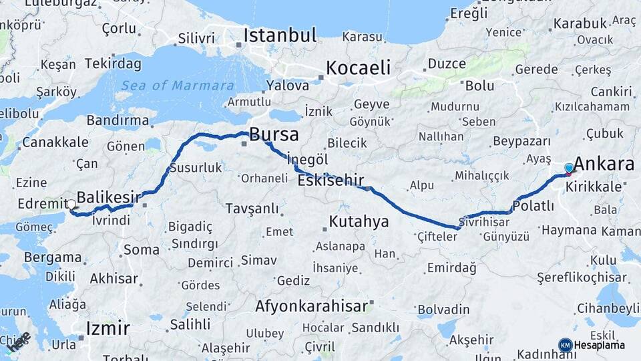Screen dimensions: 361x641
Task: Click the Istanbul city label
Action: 280,35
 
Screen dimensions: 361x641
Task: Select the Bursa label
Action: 274,134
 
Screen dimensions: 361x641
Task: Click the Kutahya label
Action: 359,221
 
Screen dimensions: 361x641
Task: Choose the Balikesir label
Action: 110,197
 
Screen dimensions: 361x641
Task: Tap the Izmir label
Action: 108,328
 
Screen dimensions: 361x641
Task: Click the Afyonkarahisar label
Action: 312,306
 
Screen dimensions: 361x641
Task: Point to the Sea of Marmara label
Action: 178,86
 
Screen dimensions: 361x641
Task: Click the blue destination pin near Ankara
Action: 569,168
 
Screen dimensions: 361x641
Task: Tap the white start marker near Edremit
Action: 71,204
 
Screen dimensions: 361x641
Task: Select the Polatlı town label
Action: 534,205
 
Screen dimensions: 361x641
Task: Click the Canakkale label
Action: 55,142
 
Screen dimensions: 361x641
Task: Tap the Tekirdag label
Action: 113,64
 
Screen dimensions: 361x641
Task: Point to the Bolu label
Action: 479,86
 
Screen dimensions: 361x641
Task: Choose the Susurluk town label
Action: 195,168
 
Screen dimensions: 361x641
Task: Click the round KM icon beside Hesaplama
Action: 565,345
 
